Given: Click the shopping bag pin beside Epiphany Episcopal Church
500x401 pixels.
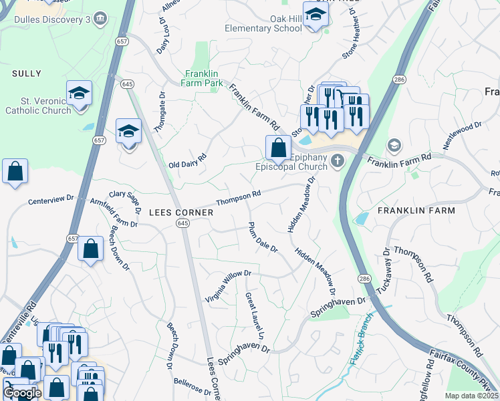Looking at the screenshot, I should (278, 146).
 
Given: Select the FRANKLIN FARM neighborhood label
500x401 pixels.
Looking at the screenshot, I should (416, 211).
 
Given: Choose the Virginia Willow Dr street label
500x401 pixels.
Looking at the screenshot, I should (227, 283).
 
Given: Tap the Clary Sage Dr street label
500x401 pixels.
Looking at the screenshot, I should (124, 202).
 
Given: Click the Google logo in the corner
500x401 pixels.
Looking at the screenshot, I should (21, 393).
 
